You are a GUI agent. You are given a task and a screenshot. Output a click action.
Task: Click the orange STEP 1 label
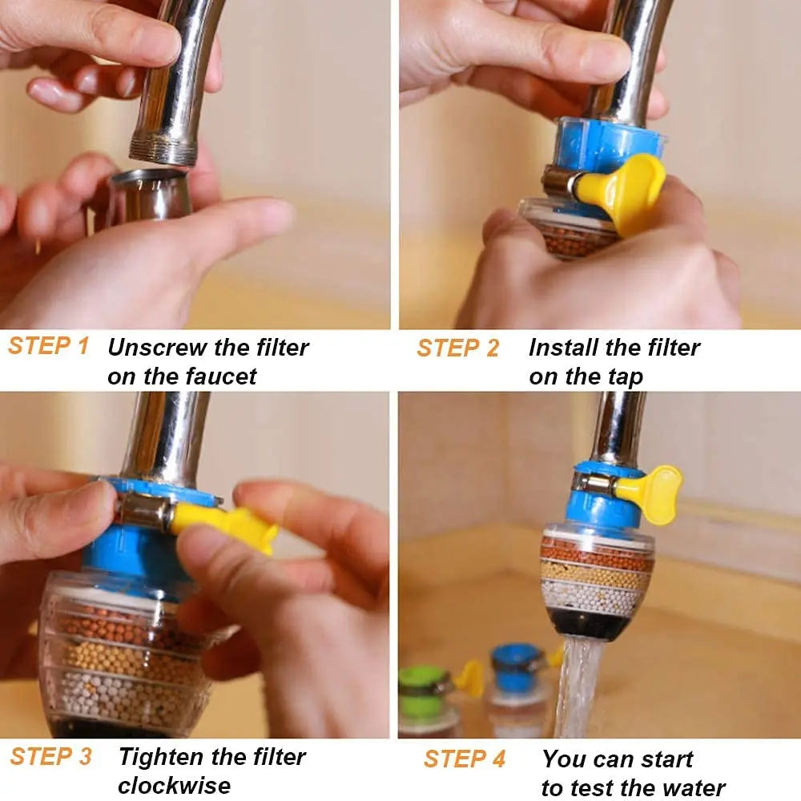[48, 346]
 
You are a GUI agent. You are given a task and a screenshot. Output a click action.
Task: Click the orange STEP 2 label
[457, 348]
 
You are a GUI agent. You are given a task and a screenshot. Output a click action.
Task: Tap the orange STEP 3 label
[50, 756]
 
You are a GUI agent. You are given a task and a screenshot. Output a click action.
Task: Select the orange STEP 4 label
[465, 759]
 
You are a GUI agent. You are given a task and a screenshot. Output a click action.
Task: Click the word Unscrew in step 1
[157, 348]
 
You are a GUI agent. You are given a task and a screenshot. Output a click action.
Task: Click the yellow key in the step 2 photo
[625, 191]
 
